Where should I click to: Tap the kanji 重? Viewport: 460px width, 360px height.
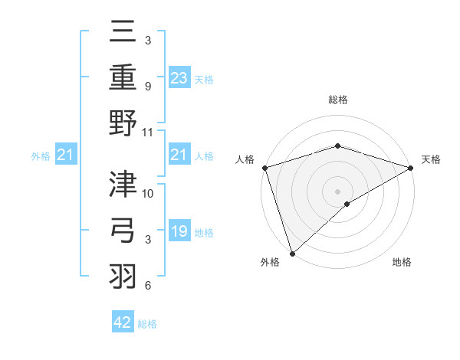point(123,78)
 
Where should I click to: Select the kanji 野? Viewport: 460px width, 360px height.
point(123,124)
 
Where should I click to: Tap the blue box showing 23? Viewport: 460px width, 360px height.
point(179,78)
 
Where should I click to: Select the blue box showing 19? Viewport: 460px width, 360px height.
point(179,232)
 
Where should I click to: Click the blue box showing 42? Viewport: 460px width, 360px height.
point(123,322)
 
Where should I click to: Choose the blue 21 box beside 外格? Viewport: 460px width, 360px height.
point(65,155)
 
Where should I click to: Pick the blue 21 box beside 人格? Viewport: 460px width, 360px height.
point(179,155)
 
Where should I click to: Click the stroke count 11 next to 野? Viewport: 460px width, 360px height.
point(148,132)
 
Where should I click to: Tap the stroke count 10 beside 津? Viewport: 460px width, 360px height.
point(148,193)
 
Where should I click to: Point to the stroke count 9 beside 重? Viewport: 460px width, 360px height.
point(147,86)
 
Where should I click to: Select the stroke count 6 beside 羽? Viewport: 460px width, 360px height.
point(147,286)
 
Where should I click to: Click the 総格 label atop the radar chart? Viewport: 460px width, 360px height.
point(337,100)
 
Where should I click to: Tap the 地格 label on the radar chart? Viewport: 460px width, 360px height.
point(402,263)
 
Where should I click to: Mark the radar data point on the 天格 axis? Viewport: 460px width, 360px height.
point(411,168)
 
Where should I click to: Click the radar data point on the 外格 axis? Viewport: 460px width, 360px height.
point(292,252)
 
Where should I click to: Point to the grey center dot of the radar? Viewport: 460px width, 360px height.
point(337,191)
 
